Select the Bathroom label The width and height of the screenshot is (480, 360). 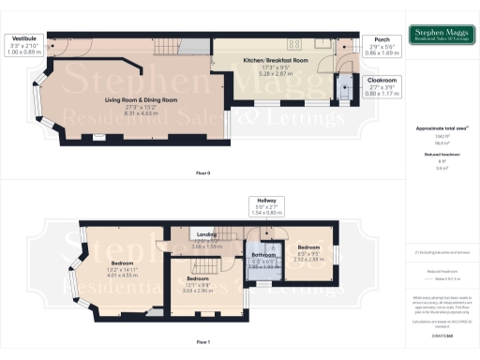pos(263,255)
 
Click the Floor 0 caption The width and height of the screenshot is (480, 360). pos(202,173)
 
